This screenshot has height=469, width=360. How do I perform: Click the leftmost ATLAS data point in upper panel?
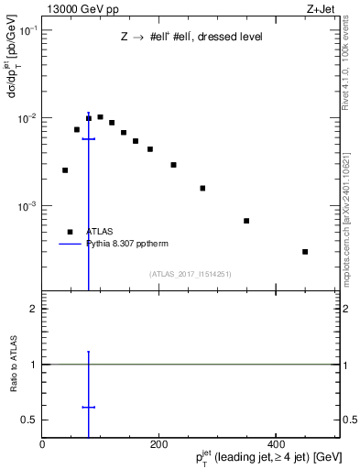tap(65, 169)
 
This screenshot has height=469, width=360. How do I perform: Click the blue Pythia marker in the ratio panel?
tap(89, 407)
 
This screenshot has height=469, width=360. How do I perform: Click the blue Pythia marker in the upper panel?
tap(89, 139)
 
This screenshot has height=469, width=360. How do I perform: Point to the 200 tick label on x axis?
tap(159, 442)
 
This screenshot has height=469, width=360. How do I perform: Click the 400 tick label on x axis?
tap(276, 442)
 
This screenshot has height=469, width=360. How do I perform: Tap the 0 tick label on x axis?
tap(43, 442)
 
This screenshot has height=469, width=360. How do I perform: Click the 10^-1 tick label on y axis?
tap(27, 31)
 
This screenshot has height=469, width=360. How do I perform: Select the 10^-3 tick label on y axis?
tap(27, 206)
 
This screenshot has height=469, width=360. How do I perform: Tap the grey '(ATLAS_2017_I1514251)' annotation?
tap(191, 273)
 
